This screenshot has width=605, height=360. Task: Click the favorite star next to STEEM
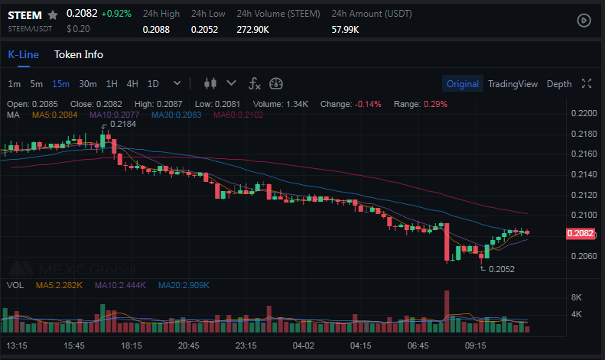pyautogui.click(x=53, y=15)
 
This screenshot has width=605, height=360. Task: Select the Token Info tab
pyautogui.click(x=78, y=54)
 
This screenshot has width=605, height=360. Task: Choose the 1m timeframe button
pyautogui.click(x=15, y=84)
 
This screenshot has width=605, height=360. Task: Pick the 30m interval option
pyautogui.click(x=87, y=84)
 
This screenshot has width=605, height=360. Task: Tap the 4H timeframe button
pyautogui.click(x=132, y=84)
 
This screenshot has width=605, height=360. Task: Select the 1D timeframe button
pyautogui.click(x=153, y=84)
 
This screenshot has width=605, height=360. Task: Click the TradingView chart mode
pyautogui.click(x=512, y=84)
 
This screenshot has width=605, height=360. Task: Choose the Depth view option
pyautogui.click(x=559, y=84)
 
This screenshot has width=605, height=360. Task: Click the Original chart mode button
pyautogui.click(x=462, y=84)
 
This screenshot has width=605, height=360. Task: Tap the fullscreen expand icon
pyautogui.click(x=587, y=84)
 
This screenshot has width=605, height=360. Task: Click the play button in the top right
pyautogui.click(x=584, y=21)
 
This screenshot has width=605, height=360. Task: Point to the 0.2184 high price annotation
pyautogui.click(x=123, y=124)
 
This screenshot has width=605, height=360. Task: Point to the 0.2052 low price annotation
pyautogui.click(x=501, y=269)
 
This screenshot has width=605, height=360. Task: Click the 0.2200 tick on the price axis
pyautogui.click(x=584, y=113)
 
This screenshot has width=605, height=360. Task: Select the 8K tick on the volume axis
pyautogui.click(x=577, y=297)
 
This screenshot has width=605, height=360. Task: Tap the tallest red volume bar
pyautogui.click(x=446, y=312)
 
